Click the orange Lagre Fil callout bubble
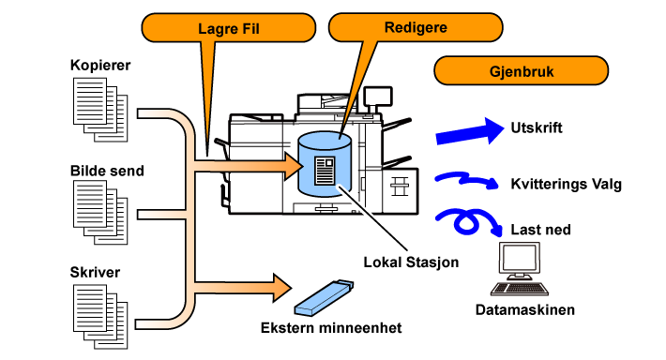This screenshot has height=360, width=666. click(x=229, y=28)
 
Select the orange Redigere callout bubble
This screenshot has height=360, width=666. click(x=416, y=27)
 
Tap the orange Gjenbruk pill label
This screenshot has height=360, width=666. click(x=522, y=70)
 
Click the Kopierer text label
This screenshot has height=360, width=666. click(x=100, y=65)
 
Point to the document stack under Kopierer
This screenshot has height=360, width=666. click(x=100, y=110)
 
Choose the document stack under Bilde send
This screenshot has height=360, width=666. click(x=100, y=212)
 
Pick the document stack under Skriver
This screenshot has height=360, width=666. click(x=100, y=317)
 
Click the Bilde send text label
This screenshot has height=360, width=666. click(x=107, y=171)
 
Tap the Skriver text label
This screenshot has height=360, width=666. click(x=95, y=272)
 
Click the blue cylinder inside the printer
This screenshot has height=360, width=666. click(x=325, y=164)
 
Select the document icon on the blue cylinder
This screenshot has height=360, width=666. click(x=325, y=171)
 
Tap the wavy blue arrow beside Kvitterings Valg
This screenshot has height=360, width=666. click(x=466, y=180)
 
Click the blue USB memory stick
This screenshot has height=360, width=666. click(x=324, y=297)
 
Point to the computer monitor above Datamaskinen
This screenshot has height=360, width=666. click(x=520, y=260)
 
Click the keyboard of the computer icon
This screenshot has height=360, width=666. click(x=520, y=288)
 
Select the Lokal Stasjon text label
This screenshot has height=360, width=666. click(x=411, y=262)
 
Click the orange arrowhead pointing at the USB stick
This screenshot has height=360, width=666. click(x=282, y=288)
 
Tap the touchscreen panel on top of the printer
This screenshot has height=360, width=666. click(x=378, y=97)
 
